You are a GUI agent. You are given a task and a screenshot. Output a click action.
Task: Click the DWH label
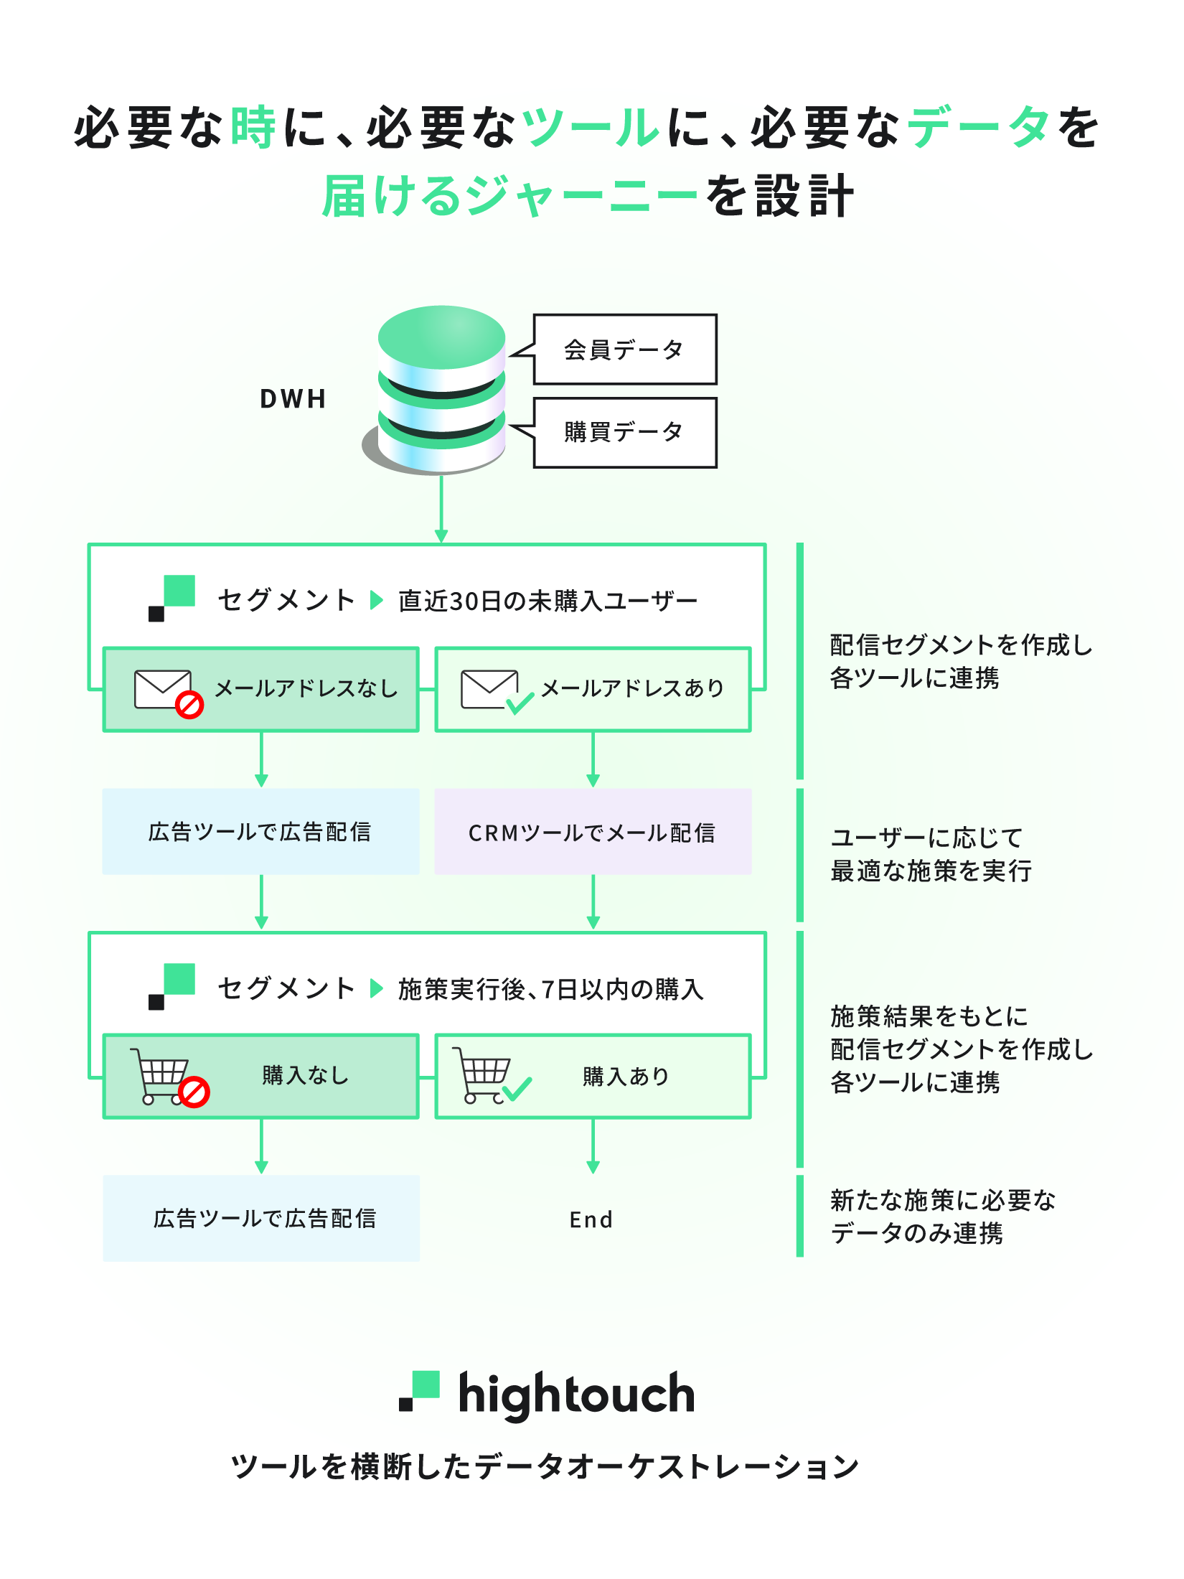[x=293, y=398]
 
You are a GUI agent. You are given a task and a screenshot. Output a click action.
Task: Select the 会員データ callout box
[x=624, y=350]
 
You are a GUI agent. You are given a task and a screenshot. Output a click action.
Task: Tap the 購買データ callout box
[x=624, y=432]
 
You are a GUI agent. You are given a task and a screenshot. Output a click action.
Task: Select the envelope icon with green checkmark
[x=495, y=691]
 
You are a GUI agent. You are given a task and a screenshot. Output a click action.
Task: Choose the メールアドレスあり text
[x=632, y=688]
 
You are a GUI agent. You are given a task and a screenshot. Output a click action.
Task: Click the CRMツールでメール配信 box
[x=593, y=832]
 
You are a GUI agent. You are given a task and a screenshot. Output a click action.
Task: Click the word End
[x=591, y=1219]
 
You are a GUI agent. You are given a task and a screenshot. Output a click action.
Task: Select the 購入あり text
[x=626, y=1076]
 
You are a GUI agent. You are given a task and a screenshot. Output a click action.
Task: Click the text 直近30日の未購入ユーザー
[x=548, y=601]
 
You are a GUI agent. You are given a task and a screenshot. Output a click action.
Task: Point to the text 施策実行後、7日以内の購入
[x=550, y=989]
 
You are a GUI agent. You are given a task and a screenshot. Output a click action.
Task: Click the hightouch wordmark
[x=576, y=1394]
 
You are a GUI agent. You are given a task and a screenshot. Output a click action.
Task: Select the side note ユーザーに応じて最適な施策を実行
[x=931, y=854]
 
